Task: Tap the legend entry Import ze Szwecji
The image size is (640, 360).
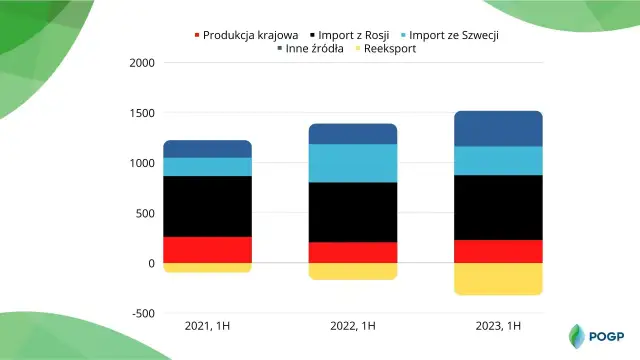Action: point(465,35)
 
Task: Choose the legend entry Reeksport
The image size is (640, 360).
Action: point(384,48)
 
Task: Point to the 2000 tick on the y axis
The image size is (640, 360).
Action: point(143,63)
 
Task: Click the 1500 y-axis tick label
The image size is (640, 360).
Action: point(143,113)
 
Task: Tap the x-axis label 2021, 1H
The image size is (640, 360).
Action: point(207,326)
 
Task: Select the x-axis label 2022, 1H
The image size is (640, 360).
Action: point(353,326)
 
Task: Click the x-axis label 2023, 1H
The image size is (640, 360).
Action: point(498,326)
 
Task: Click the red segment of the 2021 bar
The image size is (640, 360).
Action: point(207,250)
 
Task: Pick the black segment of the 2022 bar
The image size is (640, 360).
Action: point(353,212)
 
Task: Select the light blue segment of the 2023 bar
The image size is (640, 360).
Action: point(498,161)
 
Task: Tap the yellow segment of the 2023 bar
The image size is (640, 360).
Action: point(498,279)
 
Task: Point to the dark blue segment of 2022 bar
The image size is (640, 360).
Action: point(353,134)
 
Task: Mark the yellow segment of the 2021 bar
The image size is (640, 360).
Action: point(207,268)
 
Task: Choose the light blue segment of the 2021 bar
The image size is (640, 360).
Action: point(207,167)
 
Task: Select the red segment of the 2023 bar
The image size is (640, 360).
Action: point(498,251)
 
